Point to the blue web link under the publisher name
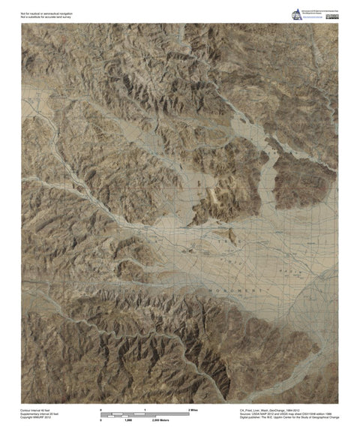(310, 17)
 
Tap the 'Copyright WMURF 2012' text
(37, 418)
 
